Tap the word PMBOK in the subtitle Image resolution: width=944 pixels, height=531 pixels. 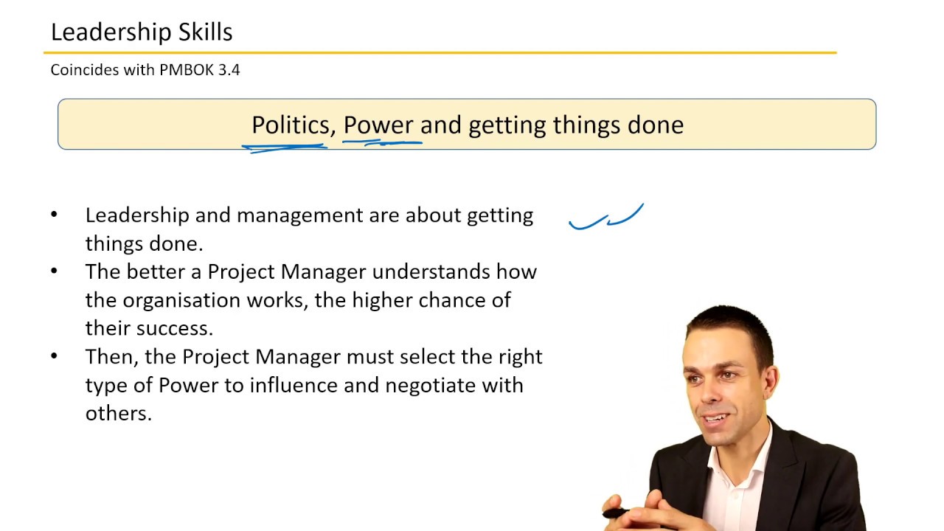(187, 70)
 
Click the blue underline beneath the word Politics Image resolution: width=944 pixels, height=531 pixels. (285, 147)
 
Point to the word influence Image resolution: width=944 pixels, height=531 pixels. (293, 385)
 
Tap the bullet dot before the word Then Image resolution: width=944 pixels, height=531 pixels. (54, 356)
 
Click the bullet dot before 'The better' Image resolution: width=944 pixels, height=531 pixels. (54, 271)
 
